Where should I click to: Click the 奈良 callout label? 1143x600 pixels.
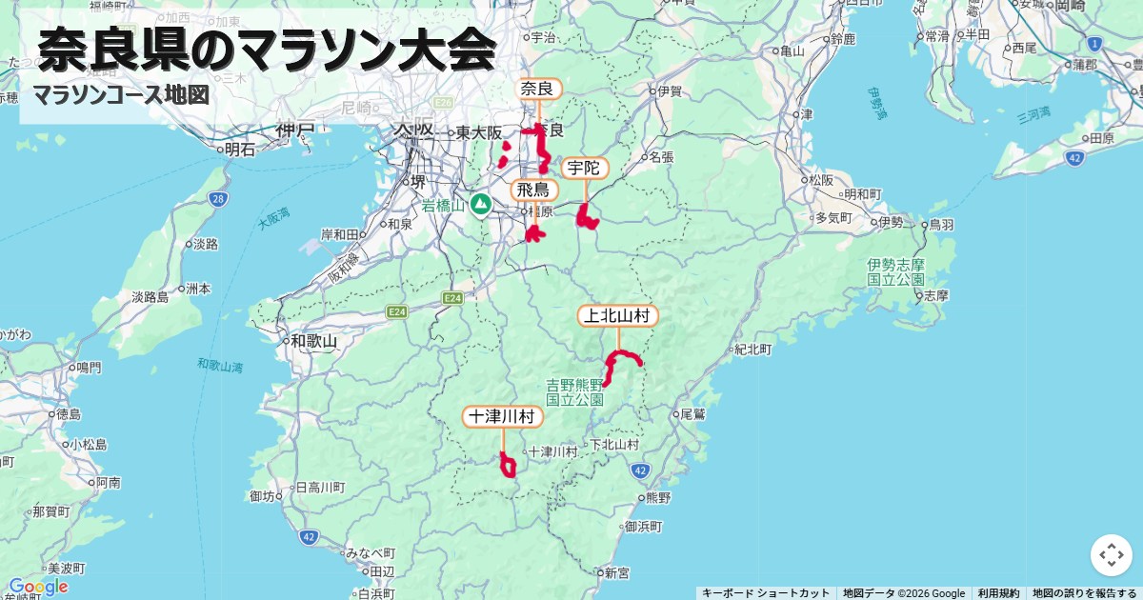(538, 89)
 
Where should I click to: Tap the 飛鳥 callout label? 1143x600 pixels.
(533, 190)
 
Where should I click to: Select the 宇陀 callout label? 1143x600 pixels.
(583, 169)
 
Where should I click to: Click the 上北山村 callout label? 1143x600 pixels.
(618, 315)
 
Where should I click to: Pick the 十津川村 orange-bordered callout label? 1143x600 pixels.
(503, 416)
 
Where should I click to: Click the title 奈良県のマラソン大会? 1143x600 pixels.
(268, 50)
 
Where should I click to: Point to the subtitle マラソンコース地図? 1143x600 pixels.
(120, 95)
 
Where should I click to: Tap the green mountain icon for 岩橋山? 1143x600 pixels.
(481, 204)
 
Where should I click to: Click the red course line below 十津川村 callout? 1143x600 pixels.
(508, 466)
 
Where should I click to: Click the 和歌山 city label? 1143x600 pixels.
(314, 340)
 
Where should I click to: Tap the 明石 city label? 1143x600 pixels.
(238, 150)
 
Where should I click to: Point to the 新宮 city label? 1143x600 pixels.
(615, 573)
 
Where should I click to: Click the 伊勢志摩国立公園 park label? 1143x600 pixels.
(895, 271)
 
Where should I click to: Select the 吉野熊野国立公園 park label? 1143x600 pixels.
(574, 391)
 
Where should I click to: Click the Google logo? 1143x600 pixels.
(38, 586)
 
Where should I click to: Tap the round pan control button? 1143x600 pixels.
(1111, 554)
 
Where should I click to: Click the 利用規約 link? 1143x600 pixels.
(998, 593)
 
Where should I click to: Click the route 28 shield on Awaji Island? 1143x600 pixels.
(218, 199)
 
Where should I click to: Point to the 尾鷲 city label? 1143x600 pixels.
(692, 414)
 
